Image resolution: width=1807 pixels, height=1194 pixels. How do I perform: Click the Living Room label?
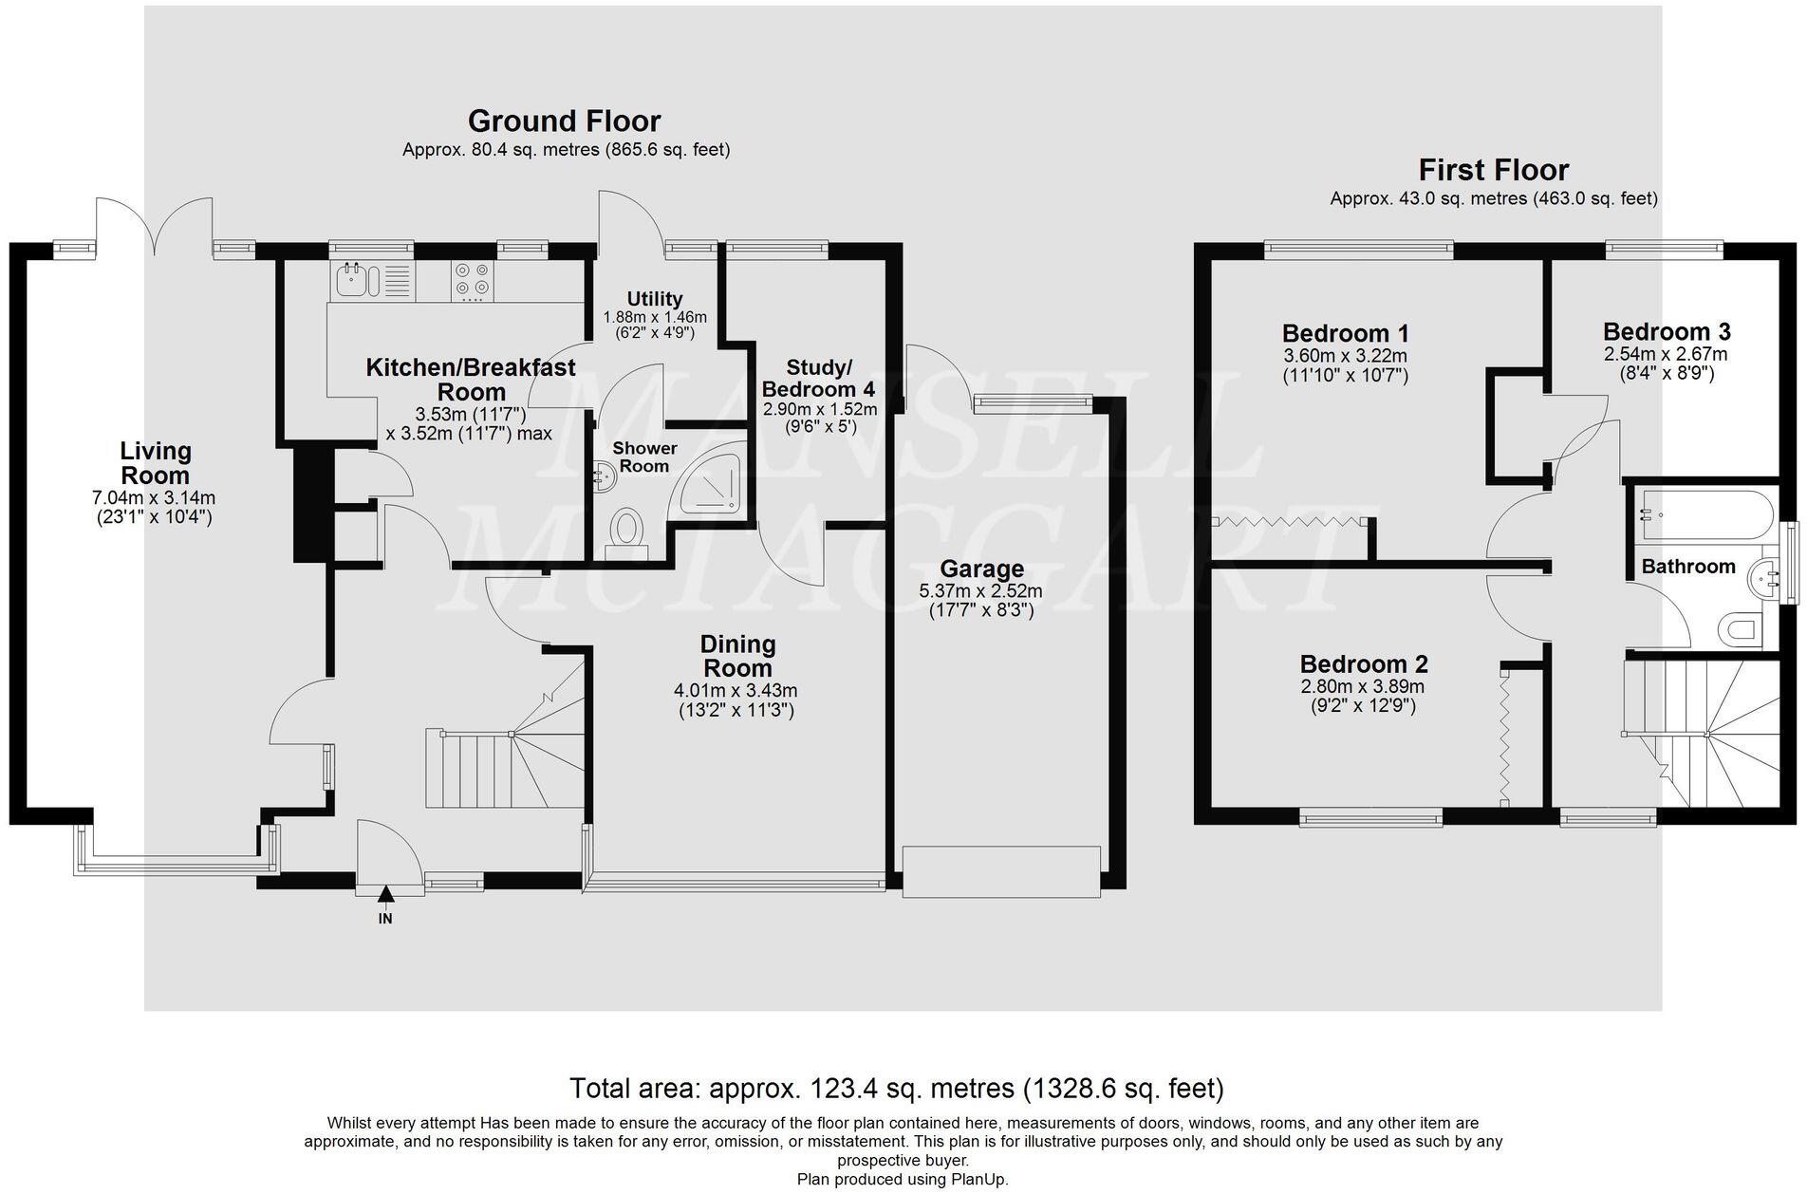(x=156, y=463)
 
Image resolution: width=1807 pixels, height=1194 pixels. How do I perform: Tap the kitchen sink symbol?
(x=358, y=281)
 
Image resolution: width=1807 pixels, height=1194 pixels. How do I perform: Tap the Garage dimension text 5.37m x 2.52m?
(x=980, y=590)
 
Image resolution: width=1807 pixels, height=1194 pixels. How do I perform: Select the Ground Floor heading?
(x=564, y=121)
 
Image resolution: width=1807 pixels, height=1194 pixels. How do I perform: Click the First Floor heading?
(x=1493, y=171)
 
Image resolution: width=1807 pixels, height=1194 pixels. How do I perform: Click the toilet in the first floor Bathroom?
(x=1742, y=629)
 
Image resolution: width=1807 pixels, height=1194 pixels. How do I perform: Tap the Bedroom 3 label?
(x=1667, y=332)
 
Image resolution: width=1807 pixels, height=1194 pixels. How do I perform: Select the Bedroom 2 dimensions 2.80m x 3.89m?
(x=1363, y=687)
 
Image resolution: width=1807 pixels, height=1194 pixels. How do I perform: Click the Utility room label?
(x=655, y=298)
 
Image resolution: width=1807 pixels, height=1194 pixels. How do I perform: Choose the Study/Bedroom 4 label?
(x=818, y=379)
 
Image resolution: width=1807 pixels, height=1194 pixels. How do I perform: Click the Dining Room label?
(x=738, y=656)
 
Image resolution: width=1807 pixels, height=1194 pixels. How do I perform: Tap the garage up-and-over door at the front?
(x=1001, y=871)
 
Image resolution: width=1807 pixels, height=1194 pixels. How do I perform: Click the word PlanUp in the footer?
(x=979, y=1180)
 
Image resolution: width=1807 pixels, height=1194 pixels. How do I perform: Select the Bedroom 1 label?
(x=1345, y=334)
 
